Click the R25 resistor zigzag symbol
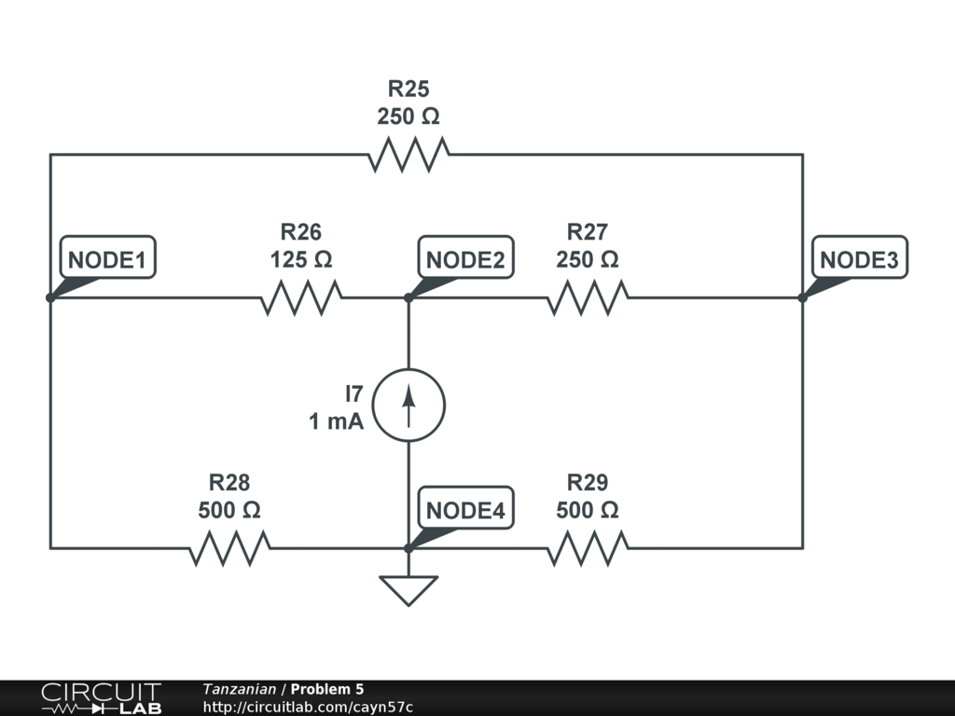pyautogui.click(x=408, y=155)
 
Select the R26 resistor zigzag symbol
pyautogui.click(x=301, y=297)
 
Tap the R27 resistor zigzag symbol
pyautogui.click(x=588, y=297)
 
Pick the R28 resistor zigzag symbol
pyautogui.click(x=229, y=548)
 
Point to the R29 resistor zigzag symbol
pyautogui.click(x=588, y=548)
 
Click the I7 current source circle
pyautogui.click(x=408, y=405)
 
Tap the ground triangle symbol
pyautogui.click(x=408, y=590)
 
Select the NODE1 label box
pyautogui.click(x=108, y=257)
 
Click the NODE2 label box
pyautogui.click(x=466, y=257)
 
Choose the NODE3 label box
pyautogui.click(x=859, y=257)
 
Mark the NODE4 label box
pyautogui.click(x=466, y=508)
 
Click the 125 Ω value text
pyautogui.click(x=301, y=260)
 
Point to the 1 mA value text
pyautogui.click(x=336, y=421)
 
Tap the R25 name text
pyautogui.click(x=408, y=89)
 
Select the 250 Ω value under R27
pyautogui.click(x=588, y=260)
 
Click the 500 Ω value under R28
pyautogui.click(x=229, y=510)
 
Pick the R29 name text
pyautogui.click(x=588, y=483)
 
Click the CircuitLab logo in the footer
pyautogui.click(x=101, y=698)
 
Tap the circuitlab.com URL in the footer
pyautogui.click(x=308, y=708)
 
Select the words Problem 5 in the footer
pyautogui.click(x=327, y=689)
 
